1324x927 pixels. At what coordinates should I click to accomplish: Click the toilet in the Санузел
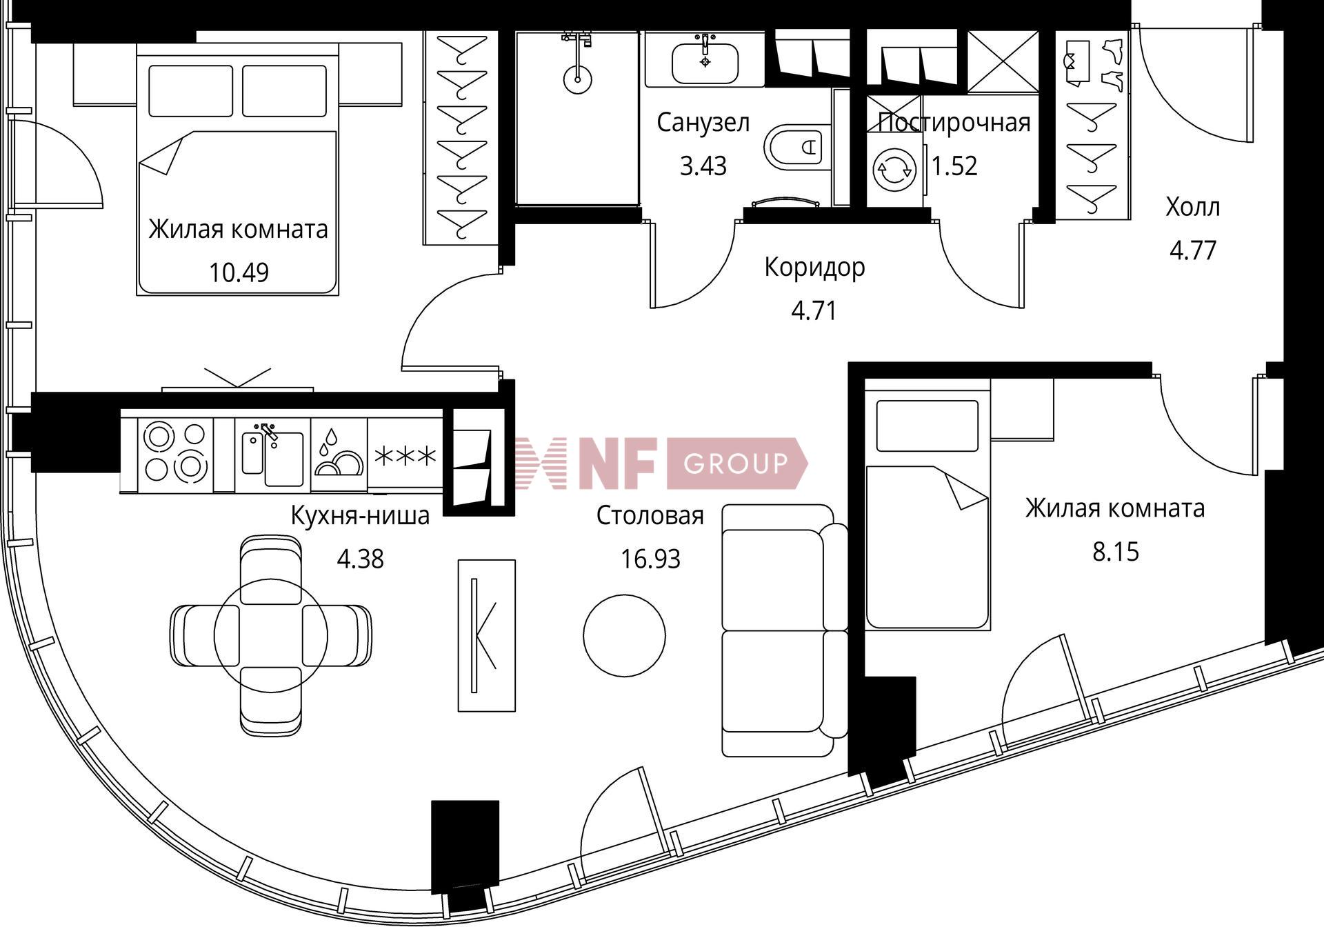[796, 146]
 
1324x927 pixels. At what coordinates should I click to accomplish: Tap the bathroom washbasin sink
[705, 63]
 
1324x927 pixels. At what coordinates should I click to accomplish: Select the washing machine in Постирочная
[894, 170]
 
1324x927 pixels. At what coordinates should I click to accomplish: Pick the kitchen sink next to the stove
[273, 455]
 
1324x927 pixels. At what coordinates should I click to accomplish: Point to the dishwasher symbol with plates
[339, 455]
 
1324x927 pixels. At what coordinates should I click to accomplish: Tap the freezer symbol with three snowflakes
[405, 456]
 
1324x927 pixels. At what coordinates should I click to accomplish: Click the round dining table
[271, 635]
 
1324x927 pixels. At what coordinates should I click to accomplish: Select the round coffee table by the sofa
[624, 635]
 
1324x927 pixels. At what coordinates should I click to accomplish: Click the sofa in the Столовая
[785, 630]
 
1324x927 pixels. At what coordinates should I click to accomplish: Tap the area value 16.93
[650, 559]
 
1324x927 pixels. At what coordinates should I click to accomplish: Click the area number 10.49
[239, 273]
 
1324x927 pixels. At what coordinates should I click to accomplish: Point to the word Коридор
[814, 267]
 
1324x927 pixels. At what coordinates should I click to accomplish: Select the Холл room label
[1193, 207]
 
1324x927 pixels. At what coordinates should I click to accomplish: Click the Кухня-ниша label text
[360, 515]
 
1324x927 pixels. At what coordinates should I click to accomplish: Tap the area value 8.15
[1116, 552]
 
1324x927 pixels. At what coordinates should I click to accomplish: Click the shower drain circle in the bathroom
[577, 79]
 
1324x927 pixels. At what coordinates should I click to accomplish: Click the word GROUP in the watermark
[735, 463]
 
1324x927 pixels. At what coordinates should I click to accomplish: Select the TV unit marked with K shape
[487, 635]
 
